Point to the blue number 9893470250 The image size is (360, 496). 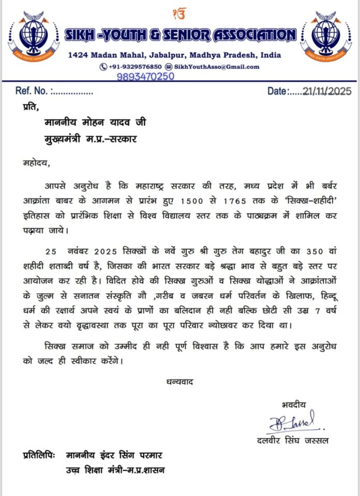[x=145, y=76]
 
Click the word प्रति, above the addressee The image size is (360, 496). [x=31, y=108]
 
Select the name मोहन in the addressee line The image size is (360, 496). [x=93, y=123]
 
